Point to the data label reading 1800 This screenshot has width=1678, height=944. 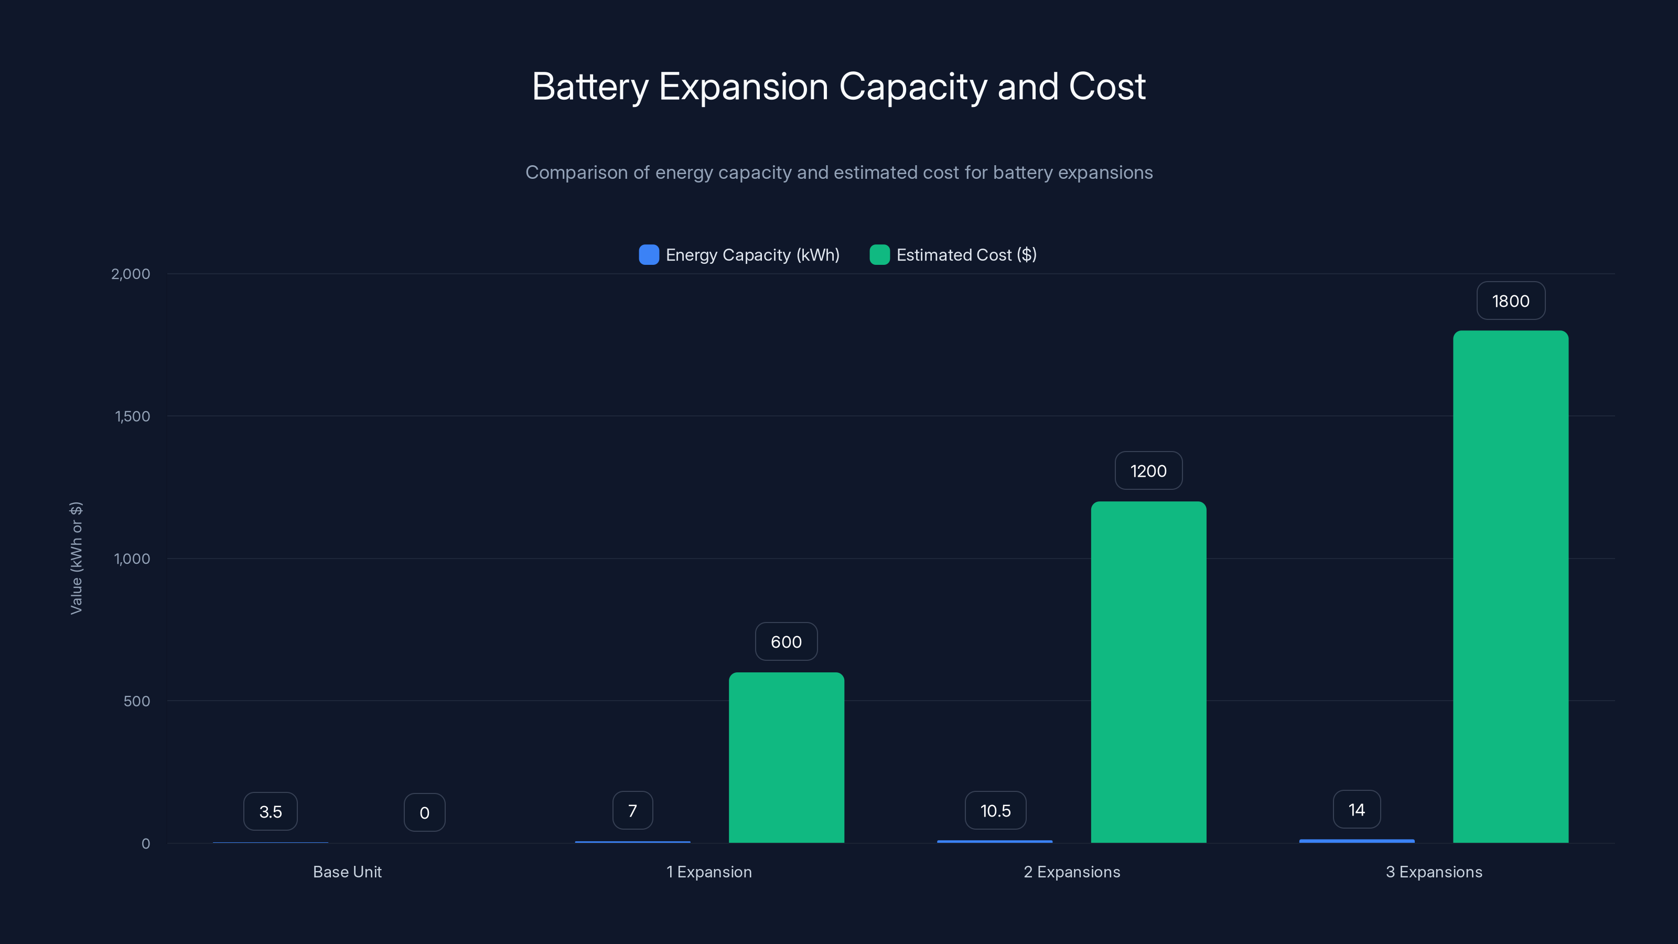(1511, 301)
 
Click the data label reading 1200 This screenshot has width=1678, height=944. (1148, 471)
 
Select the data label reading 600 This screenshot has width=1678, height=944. (786, 642)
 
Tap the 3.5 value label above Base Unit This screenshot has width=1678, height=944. (271, 812)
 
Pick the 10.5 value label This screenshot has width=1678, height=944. (995, 810)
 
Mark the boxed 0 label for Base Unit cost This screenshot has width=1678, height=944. (424, 812)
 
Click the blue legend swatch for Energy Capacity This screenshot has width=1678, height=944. (649, 255)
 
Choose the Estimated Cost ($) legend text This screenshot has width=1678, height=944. (966, 255)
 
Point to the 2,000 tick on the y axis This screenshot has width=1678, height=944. (130, 274)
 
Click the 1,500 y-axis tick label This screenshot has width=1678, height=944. (132, 416)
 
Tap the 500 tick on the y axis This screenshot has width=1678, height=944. (136, 701)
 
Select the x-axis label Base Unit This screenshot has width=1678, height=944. (347, 872)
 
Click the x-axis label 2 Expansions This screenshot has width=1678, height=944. (1071, 872)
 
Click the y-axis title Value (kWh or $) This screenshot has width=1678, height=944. (76, 557)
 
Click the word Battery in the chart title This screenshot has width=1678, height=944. (590, 87)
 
